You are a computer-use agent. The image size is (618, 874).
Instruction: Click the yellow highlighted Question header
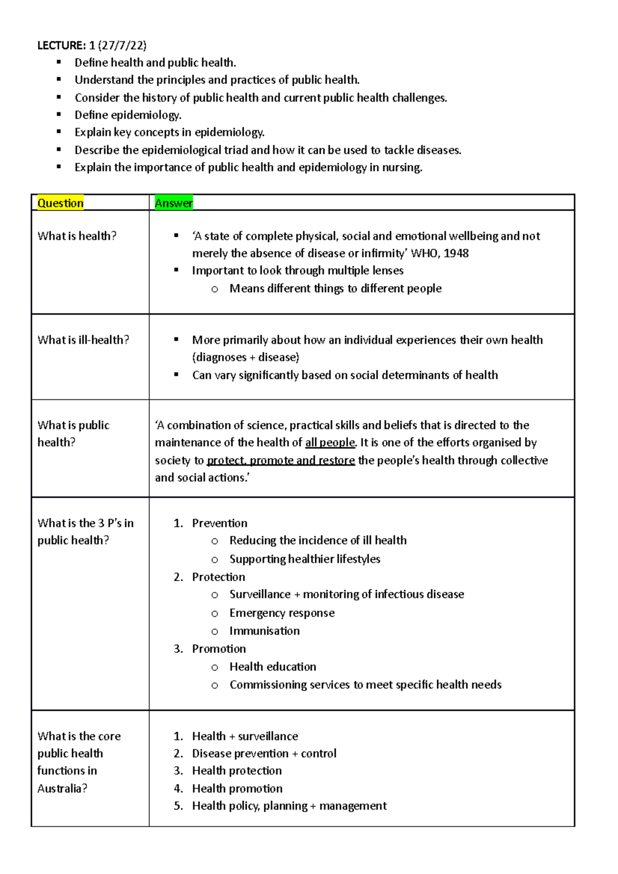point(60,203)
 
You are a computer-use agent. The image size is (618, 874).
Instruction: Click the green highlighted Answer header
point(174,203)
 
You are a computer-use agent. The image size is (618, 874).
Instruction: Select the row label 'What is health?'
point(77,236)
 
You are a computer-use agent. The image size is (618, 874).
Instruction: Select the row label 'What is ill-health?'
point(83,340)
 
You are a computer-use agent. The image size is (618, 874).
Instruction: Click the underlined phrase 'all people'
point(330,443)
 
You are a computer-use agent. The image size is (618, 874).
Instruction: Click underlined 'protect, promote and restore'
point(281,460)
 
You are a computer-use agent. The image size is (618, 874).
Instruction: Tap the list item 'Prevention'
point(219,523)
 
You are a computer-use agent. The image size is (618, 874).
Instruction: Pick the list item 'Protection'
point(218,577)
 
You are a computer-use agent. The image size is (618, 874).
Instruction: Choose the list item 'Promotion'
point(219,649)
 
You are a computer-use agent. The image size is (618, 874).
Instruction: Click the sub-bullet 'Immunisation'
point(264,631)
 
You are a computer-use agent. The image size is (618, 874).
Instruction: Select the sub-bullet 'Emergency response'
point(282,613)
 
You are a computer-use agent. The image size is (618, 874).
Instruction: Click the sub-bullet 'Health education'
point(272,667)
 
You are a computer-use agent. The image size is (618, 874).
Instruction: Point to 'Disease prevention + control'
point(264,754)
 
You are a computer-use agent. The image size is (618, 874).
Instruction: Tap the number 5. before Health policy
point(178,806)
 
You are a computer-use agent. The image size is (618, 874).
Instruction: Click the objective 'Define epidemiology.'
point(128,115)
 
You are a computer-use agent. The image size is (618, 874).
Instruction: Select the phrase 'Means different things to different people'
point(335,288)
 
